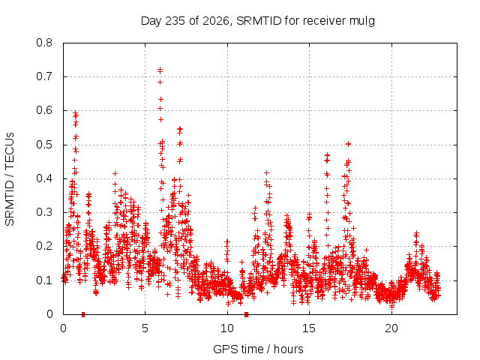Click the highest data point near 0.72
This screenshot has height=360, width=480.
[160, 70]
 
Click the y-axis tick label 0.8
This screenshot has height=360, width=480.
[44, 43]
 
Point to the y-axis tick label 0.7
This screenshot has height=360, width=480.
[44, 76]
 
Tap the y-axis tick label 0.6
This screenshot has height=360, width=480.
[44, 110]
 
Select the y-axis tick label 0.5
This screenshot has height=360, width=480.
[44, 145]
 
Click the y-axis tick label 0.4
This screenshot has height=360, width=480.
[44, 178]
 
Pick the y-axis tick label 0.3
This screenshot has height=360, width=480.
[44, 212]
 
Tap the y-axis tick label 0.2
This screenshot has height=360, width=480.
[44, 246]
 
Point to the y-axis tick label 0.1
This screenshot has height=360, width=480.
[44, 280]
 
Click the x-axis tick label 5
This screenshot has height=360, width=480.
[145, 328]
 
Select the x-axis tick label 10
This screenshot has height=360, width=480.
[227, 328]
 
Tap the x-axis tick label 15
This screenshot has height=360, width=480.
[309, 328]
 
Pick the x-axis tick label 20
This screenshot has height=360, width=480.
[391, 328]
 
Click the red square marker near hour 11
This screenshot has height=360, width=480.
[247, 314]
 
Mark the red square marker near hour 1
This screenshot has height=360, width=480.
[83, 314]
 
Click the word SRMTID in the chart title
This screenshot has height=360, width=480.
[259, 21]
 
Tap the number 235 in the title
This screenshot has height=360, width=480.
[175, 21]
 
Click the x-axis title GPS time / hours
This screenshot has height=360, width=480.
[258, 349]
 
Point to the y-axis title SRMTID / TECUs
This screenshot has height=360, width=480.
[10, 179]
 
